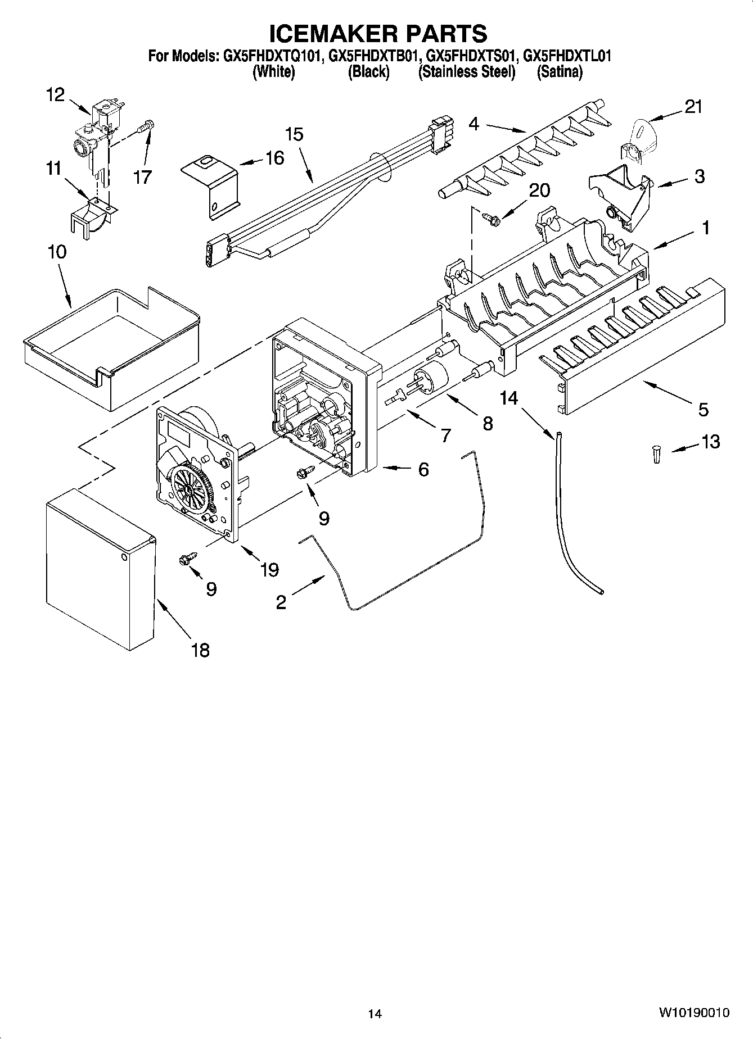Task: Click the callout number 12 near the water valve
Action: (55, 95)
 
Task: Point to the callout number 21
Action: (693, 107)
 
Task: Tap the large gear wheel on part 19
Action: (190, 489)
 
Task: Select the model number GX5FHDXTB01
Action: (373, 56)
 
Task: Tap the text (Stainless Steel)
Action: (466, 72)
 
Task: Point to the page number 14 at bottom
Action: (375, 1014)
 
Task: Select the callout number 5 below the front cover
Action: (703, 410)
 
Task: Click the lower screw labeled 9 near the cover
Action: (185, 560)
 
